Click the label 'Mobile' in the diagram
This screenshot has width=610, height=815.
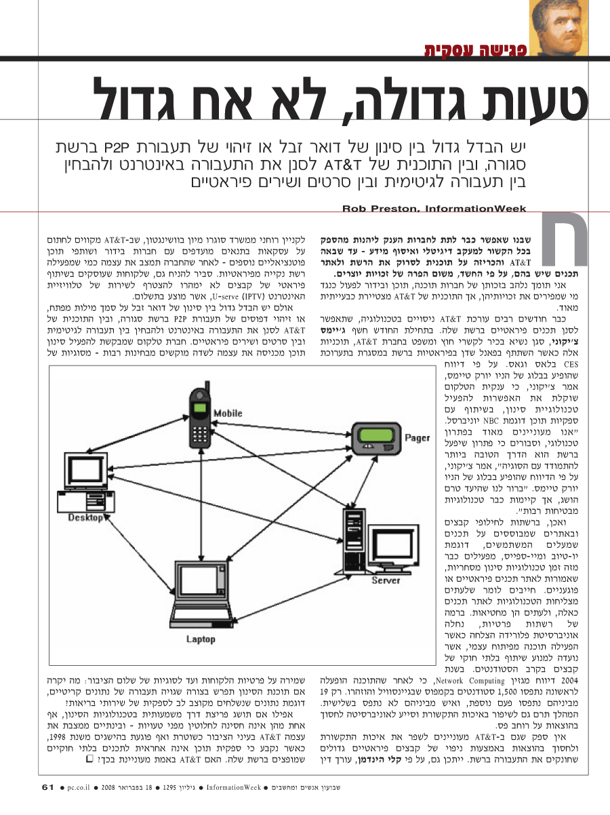(227, 413)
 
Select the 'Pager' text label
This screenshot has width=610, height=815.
(418, 438)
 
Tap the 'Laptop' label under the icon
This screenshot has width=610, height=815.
(201, 639)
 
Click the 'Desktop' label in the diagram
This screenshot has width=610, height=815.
(86, 518)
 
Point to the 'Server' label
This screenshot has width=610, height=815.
(386, 580)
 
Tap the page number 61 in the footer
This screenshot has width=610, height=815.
(47, 787)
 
